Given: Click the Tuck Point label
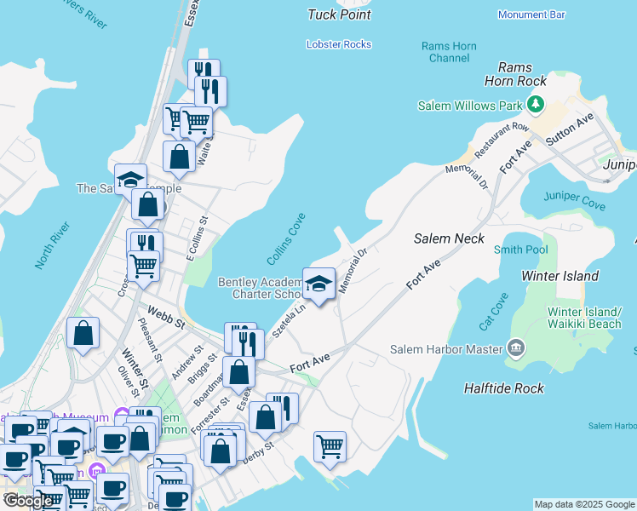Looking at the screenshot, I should pyautogui.click(x=340, y=14).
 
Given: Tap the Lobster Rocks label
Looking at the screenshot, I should pyautogui.click(x=339, y=44).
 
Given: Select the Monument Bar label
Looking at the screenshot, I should pyautogui.click(x=531, y=14).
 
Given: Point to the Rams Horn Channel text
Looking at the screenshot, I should pyautogui.click(x=450, y=52).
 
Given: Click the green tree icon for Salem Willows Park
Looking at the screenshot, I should pyautogui.click(x=535, y=105).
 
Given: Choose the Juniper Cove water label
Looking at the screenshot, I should pyautogui.click(x=577, y=205).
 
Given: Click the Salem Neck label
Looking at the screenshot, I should pyautogui.click(x=449, y=239).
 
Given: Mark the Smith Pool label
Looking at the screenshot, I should pyautogui.click(x=521, y=250).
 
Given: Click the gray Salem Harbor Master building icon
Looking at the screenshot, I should pyautogui.click(x=516, y=348).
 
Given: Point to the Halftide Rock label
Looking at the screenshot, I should pyautogui.click(x=503, y=388).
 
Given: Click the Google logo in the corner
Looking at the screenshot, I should pyautogui.click(x=28, y=501).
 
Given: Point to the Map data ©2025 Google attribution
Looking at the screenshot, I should pyautogui.click(x=584, y=504).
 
